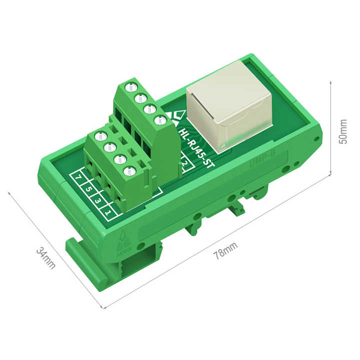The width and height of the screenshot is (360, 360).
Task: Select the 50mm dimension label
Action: pyautogui.click(x=343, y=131)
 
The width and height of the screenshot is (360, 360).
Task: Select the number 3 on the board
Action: pyautogui.click(x=98, y=200)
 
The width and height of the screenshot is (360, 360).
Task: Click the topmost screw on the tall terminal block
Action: pyautogui.click(x=132, y=86)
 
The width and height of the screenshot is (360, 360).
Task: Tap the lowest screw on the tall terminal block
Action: pyautogui.click(x=159, y=120)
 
